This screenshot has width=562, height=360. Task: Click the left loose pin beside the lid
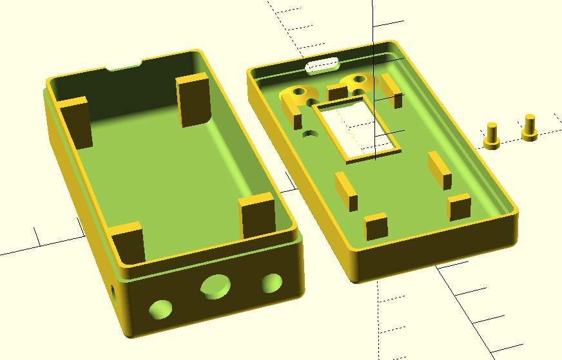click(x=493, y=135)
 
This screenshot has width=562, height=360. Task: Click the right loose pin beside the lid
click(x=530, y=126)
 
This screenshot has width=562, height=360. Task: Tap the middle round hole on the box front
click(x=215, y=285)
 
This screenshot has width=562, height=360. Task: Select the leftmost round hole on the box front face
click(x=160, y=308)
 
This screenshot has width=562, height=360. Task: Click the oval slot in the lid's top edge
click(x=323, y=65)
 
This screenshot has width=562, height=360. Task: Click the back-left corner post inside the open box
click(x=76, y=122)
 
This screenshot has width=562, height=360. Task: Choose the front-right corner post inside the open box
click(x=258, y=216)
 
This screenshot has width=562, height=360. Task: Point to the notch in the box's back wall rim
click(x=125, y=65)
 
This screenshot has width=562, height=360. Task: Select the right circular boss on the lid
click(x=359, y=82)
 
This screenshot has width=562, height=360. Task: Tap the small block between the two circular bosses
click(x=337, y=91)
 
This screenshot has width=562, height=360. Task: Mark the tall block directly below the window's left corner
click(x=346, y=191)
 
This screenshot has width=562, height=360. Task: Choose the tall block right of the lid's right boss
click(x=391, y=91)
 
